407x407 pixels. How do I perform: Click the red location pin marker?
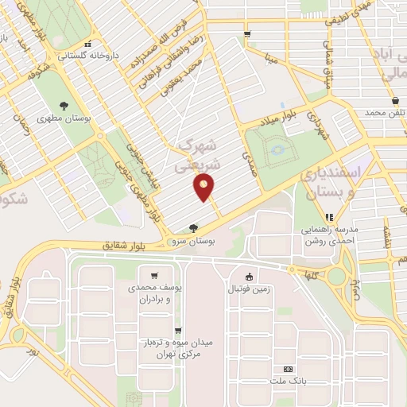(204, 188)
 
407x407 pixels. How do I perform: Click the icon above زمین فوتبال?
(250, 277)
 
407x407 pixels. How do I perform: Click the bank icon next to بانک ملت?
(288, 369)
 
